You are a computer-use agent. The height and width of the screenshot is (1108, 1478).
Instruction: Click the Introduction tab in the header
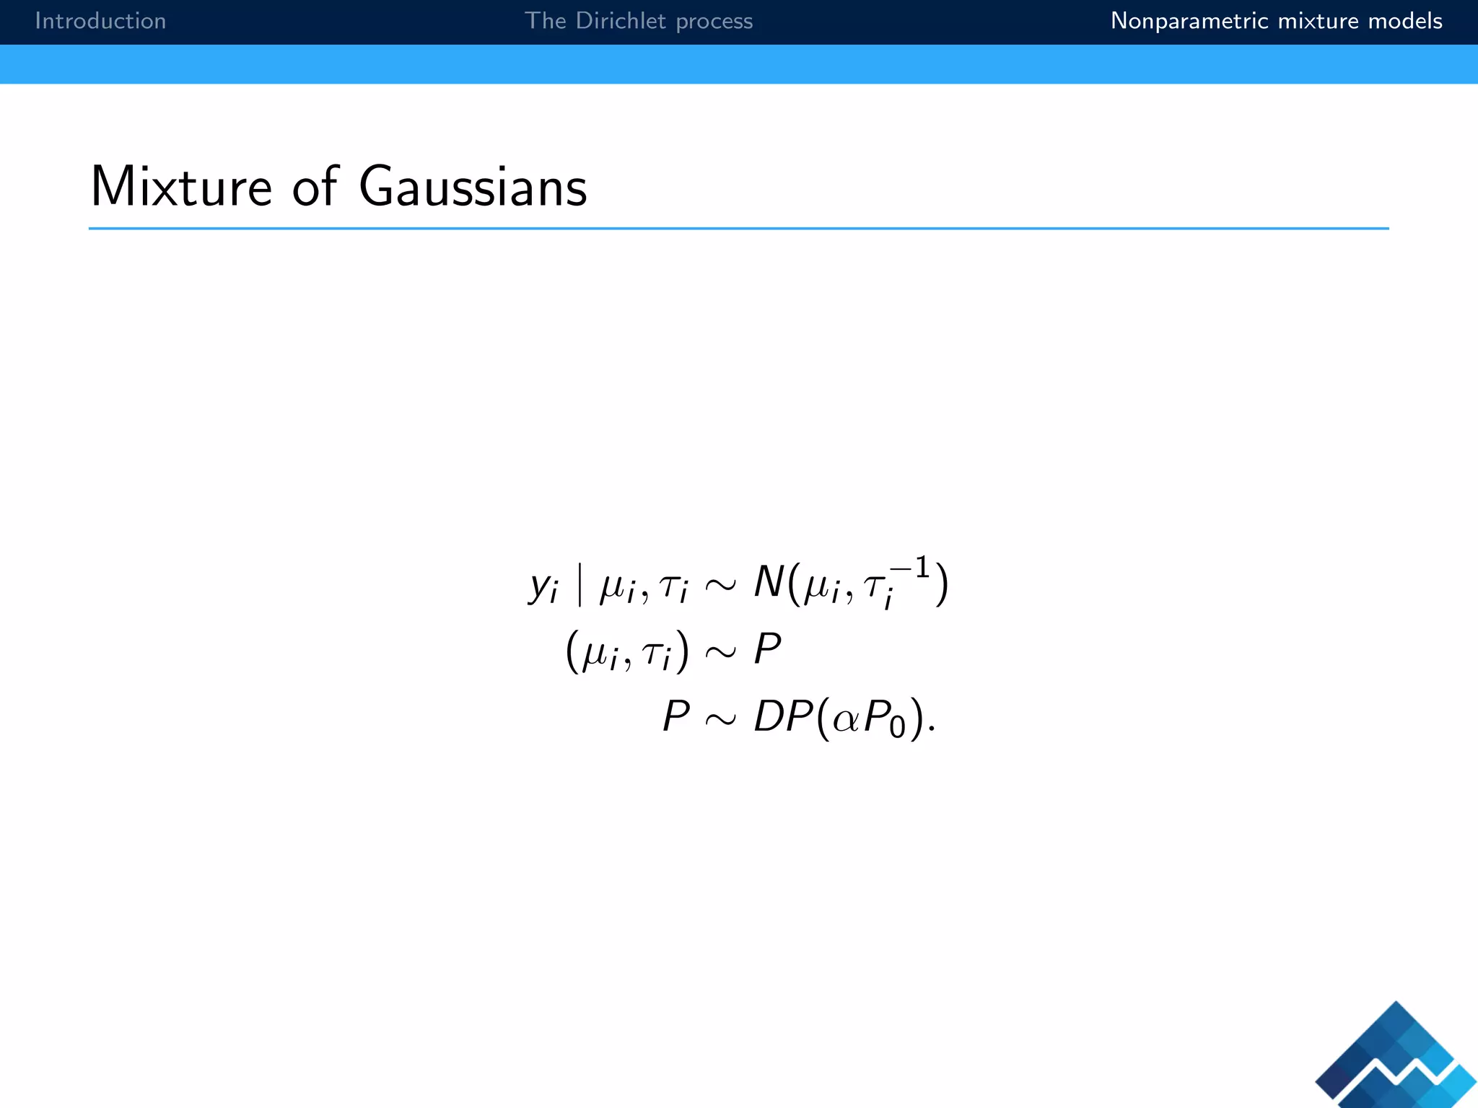(100, 21)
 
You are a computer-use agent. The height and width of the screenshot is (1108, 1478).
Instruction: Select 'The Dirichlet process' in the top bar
(638, 21)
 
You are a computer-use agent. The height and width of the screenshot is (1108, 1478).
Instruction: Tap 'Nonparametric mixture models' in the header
(1276, 21)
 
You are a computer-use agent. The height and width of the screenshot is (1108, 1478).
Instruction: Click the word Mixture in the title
(181, 187)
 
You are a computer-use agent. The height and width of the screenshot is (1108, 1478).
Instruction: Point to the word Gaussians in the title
(473, 187)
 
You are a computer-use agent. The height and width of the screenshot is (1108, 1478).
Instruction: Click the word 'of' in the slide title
(315, 187)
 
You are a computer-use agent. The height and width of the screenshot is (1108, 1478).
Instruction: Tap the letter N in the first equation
(768, 581)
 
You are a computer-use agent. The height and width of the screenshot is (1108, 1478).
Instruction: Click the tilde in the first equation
(720, 584)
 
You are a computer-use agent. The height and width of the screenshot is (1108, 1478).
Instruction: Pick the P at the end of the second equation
(767, 649)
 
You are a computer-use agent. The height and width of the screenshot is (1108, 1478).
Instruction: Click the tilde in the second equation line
(720, 652)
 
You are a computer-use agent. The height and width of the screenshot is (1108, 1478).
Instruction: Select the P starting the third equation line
(676, 716)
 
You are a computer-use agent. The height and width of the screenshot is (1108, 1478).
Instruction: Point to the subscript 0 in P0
(897, 727)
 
